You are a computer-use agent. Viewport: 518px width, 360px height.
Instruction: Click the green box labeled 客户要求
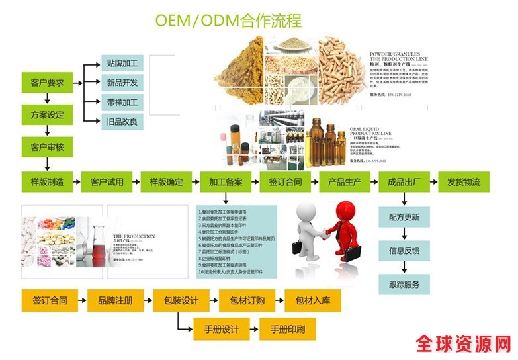tap(48, 83)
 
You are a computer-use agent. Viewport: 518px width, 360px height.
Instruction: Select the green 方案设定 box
tap(48, 114)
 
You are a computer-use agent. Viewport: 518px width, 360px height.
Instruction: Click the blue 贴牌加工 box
tap(122, 64)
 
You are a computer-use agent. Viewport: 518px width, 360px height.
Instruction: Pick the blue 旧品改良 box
tap(122, 121)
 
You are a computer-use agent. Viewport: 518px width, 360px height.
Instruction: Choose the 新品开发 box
tap(122, 83)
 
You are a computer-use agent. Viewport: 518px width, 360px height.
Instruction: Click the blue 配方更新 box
tap(404, 216)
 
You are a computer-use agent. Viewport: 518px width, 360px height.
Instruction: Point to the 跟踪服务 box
tap(404, 285)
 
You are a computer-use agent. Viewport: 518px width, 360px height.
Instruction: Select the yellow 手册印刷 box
tap(287, 329)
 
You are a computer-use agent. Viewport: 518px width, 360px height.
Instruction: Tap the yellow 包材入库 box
tap(312, 300)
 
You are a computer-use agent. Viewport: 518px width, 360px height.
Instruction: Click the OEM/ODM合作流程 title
tap(228, 21)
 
